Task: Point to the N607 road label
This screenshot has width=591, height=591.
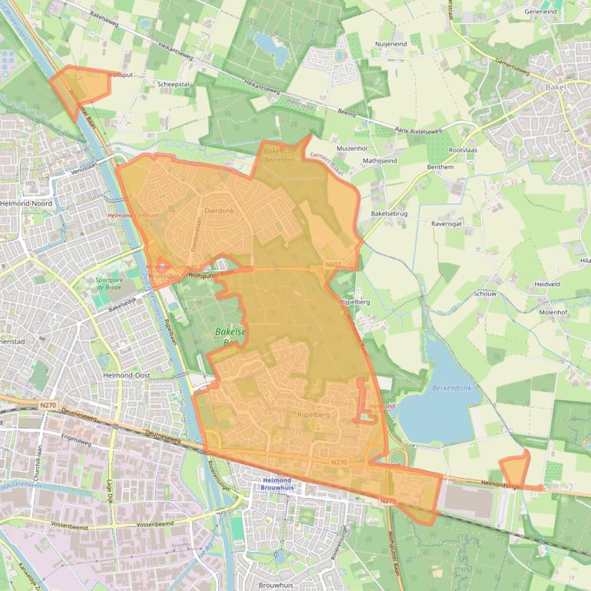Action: (332, 265)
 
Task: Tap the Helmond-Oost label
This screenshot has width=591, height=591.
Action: (127, 375)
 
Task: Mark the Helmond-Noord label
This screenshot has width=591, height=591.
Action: (26, 203)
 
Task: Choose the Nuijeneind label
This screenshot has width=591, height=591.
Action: (391, 45)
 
